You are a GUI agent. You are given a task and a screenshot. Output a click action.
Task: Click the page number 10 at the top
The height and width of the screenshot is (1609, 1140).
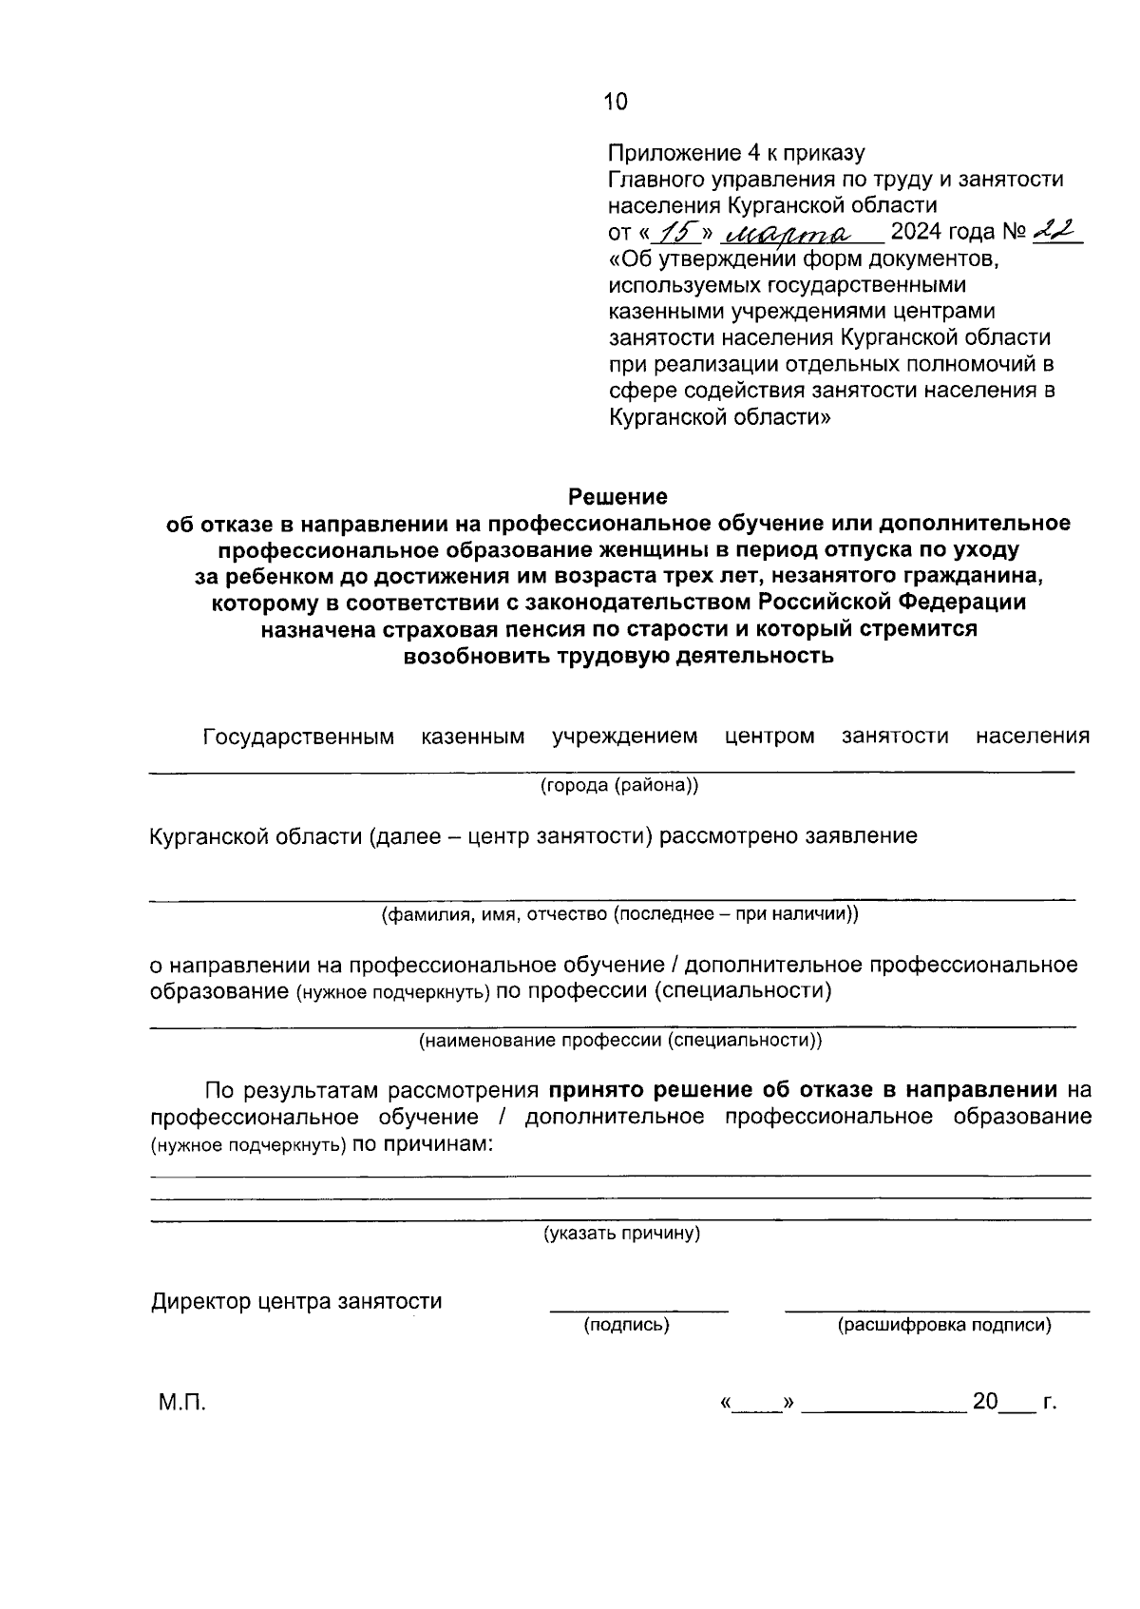(616, 102)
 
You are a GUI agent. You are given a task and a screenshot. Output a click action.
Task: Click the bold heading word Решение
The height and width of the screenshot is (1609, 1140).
(617, 496)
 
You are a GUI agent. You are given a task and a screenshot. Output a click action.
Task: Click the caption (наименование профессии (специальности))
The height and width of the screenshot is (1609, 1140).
(620, 1040)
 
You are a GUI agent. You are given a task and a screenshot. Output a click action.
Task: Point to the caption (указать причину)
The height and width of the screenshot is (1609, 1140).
(621, 1234)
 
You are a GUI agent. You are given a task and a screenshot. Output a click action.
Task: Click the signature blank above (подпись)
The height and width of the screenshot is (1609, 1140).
(638, 1303)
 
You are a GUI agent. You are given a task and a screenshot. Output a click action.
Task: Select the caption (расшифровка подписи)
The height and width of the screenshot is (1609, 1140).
(943, 1325)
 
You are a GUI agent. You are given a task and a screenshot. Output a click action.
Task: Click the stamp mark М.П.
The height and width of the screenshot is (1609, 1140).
(181, 1402)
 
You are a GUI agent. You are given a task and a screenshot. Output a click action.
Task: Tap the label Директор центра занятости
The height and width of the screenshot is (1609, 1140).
(296, 1301)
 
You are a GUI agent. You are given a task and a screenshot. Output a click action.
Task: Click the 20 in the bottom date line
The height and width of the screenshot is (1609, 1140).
(985, 1402)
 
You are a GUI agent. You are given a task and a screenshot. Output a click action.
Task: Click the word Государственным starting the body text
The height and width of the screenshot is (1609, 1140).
(298, 737)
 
